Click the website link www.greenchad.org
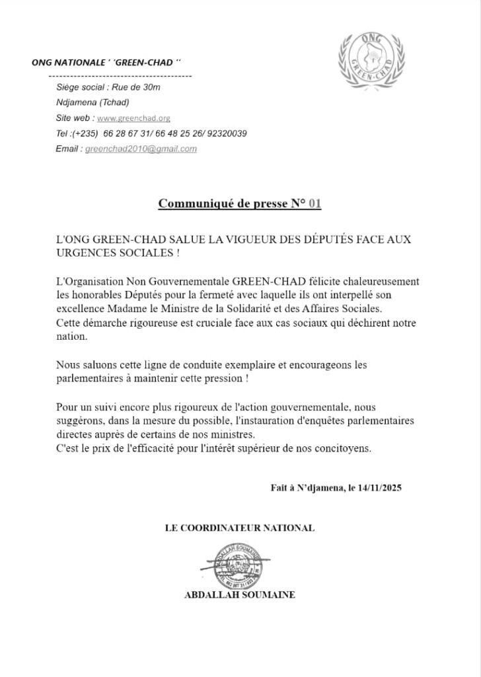coord(133,118)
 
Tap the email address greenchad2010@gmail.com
coord(141,149)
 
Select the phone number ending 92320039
coord(227,134)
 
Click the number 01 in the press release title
coord(314,203)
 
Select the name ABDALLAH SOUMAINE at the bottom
coord(239,594)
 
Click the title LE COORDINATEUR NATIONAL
coord(239,528)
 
